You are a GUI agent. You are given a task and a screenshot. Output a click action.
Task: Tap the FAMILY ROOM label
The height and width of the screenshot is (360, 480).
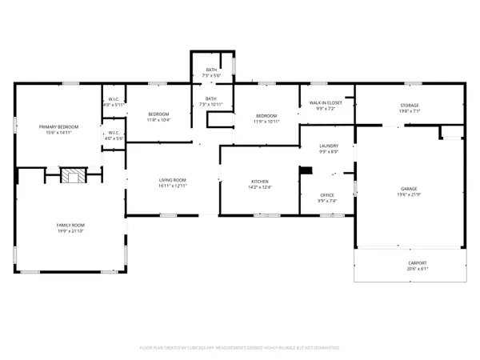(70, 225)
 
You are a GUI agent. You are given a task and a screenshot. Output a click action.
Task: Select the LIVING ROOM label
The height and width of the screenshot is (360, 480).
(172, 180)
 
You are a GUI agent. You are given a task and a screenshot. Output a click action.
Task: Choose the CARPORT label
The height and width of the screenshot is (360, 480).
(410, 263)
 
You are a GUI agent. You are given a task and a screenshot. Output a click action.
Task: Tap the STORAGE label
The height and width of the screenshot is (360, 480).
(410, 106)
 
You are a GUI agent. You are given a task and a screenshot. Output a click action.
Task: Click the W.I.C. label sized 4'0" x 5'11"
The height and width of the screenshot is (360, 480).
(113, 100)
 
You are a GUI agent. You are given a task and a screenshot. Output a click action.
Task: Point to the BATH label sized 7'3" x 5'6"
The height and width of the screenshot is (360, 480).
(211, 70)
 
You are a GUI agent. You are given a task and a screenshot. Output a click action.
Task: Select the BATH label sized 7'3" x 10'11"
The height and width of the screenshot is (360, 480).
(211, 98)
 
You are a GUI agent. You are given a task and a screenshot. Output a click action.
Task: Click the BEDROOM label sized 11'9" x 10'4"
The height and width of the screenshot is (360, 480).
(158, 114)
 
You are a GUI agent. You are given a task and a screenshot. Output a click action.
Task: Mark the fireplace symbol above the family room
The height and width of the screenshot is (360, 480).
(72, 176)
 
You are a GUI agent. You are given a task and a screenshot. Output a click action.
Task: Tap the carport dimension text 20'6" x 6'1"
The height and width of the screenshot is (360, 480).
(410, 268)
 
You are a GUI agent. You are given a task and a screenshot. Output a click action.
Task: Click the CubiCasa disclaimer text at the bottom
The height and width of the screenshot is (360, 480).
(240, 348)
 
